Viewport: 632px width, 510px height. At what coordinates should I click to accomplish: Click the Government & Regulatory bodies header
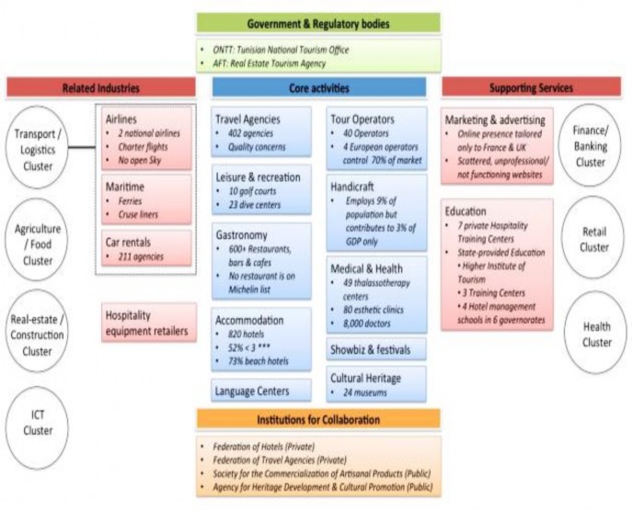point(317,21)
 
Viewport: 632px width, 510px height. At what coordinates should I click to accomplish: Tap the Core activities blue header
point(317,87)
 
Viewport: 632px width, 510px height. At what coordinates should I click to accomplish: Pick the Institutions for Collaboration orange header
point(317,420)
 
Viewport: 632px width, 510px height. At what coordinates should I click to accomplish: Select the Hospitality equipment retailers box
point(148,322)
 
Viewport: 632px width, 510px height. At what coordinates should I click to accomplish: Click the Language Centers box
point(266,391)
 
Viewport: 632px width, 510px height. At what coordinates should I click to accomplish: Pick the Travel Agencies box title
point(247,119)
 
